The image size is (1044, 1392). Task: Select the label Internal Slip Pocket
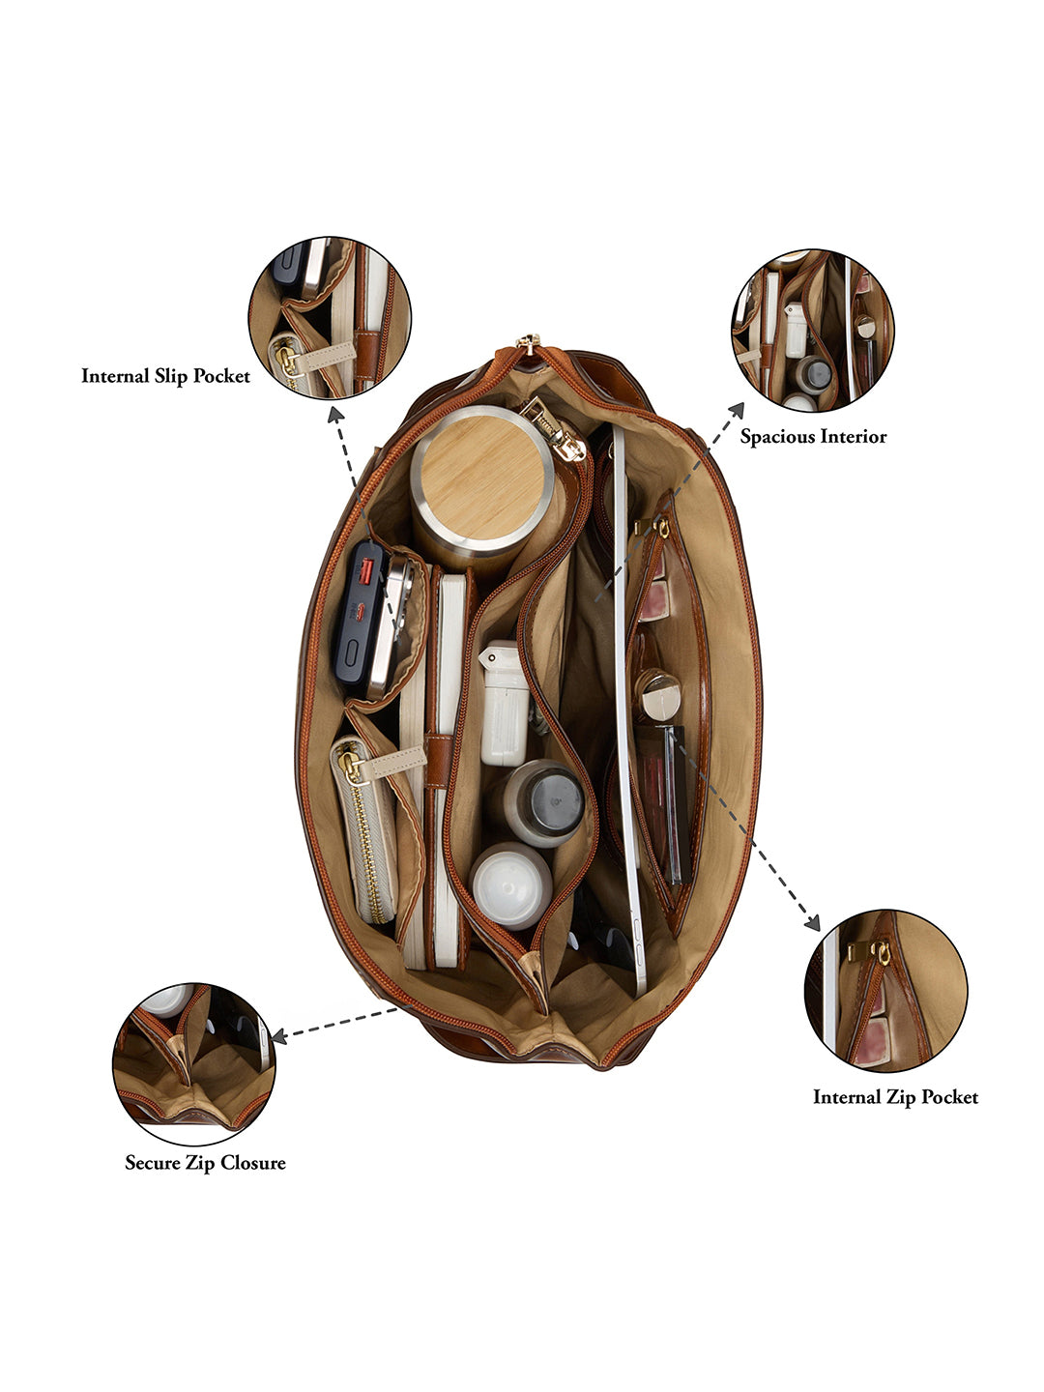[x=165, y=376]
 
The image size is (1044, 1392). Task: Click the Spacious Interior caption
[x=813, y=436]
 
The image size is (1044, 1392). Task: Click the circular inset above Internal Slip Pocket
[x=330, y=318]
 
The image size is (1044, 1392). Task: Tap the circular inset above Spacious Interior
[x=813, y=331]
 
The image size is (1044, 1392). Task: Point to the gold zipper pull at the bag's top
[x=527, y=342]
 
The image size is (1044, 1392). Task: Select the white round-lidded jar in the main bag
[x=510, y=885]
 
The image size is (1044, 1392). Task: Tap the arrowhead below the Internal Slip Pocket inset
[x=335, y=416]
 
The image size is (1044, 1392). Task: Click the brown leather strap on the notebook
[x=439, y=761]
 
